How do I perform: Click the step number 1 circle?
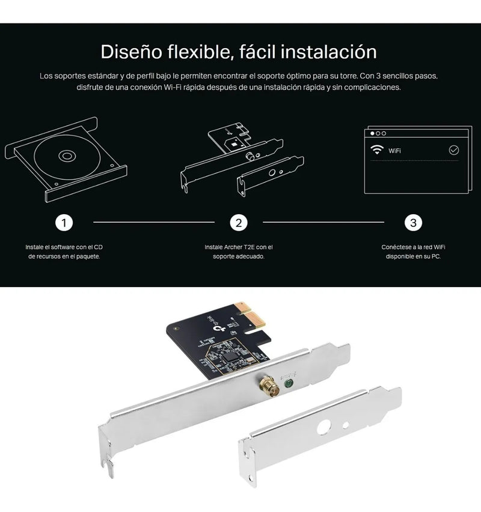point(64,223)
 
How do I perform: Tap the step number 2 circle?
point(239,223)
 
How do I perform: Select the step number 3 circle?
point(413,223)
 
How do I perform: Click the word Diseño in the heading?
point(131,52)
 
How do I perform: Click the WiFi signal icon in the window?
point(377,150)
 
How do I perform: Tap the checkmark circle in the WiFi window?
point(453,150)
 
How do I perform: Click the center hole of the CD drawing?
point(67,156)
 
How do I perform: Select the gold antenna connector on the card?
point(268,386)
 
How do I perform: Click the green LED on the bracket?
point(289,383)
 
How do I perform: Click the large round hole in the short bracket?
point(323,427)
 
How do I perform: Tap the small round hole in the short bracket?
point(345,425)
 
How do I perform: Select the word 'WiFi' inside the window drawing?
point(394,150)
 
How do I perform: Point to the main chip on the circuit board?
point(231,354)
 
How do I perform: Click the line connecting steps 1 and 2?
point(154,222)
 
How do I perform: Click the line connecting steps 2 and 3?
point(323,222)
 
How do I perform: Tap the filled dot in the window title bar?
point(372,133)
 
